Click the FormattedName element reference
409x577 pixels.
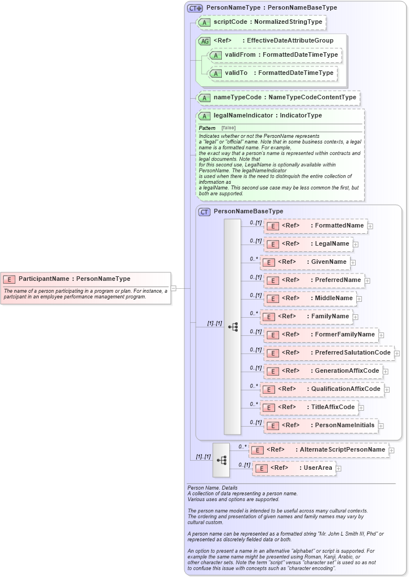point(316,226)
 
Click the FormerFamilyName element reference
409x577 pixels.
point(322,335)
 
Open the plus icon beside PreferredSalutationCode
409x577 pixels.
point(397,353)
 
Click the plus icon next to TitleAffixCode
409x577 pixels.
point(361,408)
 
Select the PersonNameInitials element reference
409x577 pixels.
point(322,426)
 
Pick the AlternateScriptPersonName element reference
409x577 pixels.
point(319,450)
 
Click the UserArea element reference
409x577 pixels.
point(294,468)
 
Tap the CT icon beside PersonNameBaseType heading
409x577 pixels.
point(204,212)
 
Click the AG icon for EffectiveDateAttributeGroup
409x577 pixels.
point(204,41)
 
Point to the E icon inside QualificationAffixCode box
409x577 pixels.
point(268,390)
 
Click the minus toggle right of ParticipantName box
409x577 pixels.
point(174,288)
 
